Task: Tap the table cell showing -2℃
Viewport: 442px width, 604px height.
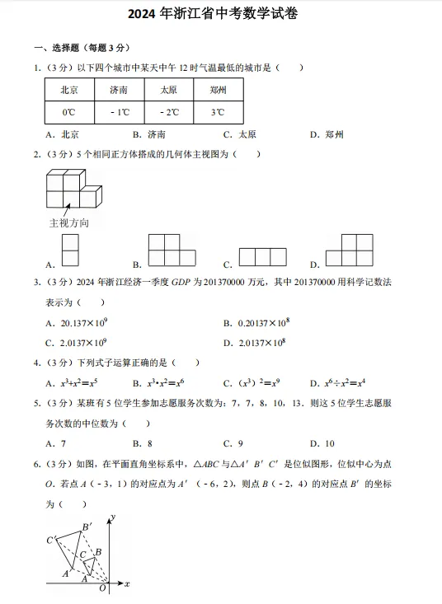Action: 168,112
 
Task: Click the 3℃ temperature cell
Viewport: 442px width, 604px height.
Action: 218,112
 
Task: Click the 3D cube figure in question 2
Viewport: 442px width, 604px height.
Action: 73,189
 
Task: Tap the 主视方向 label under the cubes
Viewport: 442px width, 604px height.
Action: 69,223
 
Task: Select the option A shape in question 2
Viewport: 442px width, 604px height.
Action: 71,250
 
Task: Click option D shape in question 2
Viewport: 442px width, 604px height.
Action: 355,250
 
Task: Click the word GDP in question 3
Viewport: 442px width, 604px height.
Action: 181,282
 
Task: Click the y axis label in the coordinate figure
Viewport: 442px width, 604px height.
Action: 112,517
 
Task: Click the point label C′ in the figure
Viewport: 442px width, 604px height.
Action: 51,540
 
